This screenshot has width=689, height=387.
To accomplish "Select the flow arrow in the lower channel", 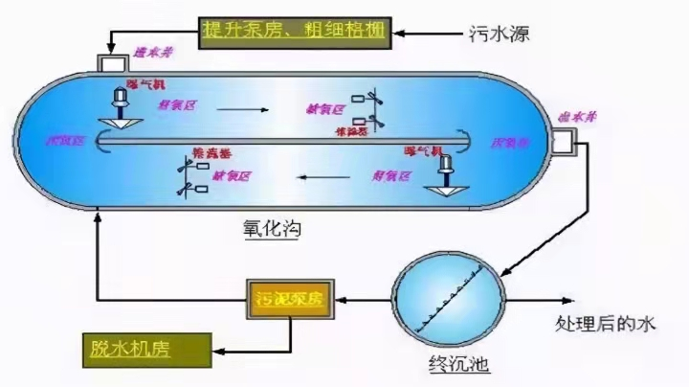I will coord(322,176).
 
